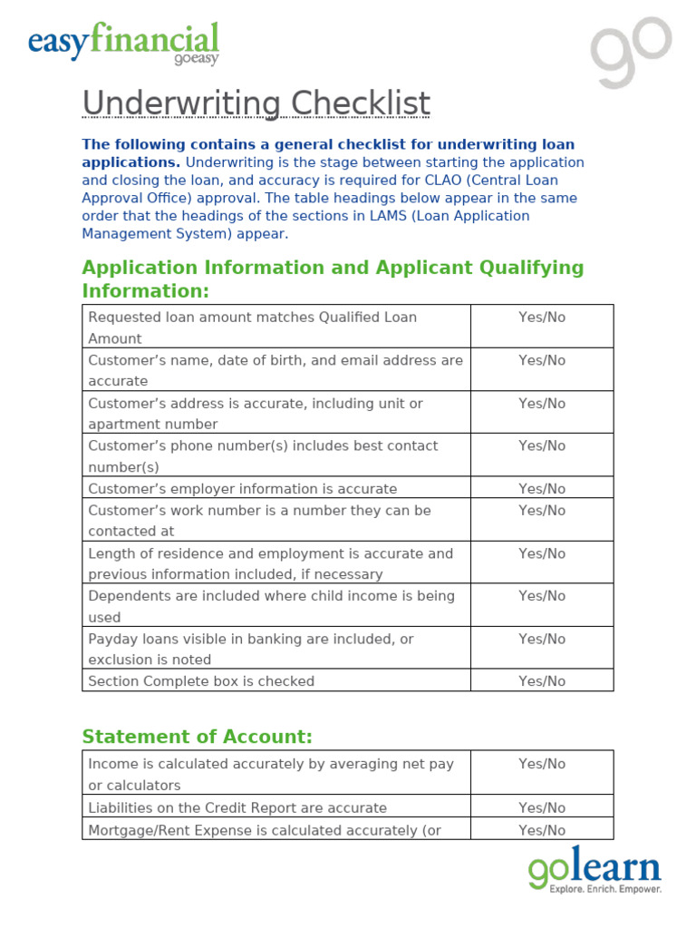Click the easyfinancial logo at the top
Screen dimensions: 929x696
tap(123, 44)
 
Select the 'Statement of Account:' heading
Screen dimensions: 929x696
tap(197, 737)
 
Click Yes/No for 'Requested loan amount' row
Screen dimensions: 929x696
tap(541, 318)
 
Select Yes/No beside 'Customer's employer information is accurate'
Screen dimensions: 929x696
tap(541, 489)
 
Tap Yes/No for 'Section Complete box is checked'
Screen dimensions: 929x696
tap(541, 681)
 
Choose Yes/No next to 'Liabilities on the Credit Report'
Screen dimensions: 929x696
tap(541, 807)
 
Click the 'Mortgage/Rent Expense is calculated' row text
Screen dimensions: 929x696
tap(264, 830)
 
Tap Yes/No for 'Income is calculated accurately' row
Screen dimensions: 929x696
tap(541, 764)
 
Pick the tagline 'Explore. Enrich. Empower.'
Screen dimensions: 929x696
tap(605, 890)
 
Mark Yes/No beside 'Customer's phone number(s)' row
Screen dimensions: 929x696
tap(541, 445)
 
